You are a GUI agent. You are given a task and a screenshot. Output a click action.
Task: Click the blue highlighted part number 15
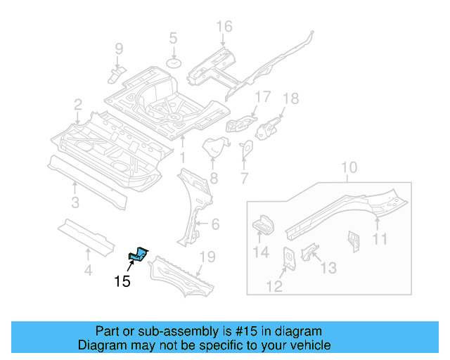[x=139, y=253]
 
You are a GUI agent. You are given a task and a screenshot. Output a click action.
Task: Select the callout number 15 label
[x=122, y=282]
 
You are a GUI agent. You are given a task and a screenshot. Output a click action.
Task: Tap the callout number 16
[x=223, y=27]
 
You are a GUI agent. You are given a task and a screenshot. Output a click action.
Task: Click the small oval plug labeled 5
[x=173, y=63]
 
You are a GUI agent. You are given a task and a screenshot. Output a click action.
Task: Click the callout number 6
[x=215, y=225]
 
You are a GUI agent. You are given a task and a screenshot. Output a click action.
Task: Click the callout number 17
[x=262, y=96]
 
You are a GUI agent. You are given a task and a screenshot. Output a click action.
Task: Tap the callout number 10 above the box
[x=349, y=168]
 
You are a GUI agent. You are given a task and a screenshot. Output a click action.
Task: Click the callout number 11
[x=380, y=240]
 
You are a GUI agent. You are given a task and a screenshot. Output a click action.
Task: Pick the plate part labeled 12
[x=288, y=258]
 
